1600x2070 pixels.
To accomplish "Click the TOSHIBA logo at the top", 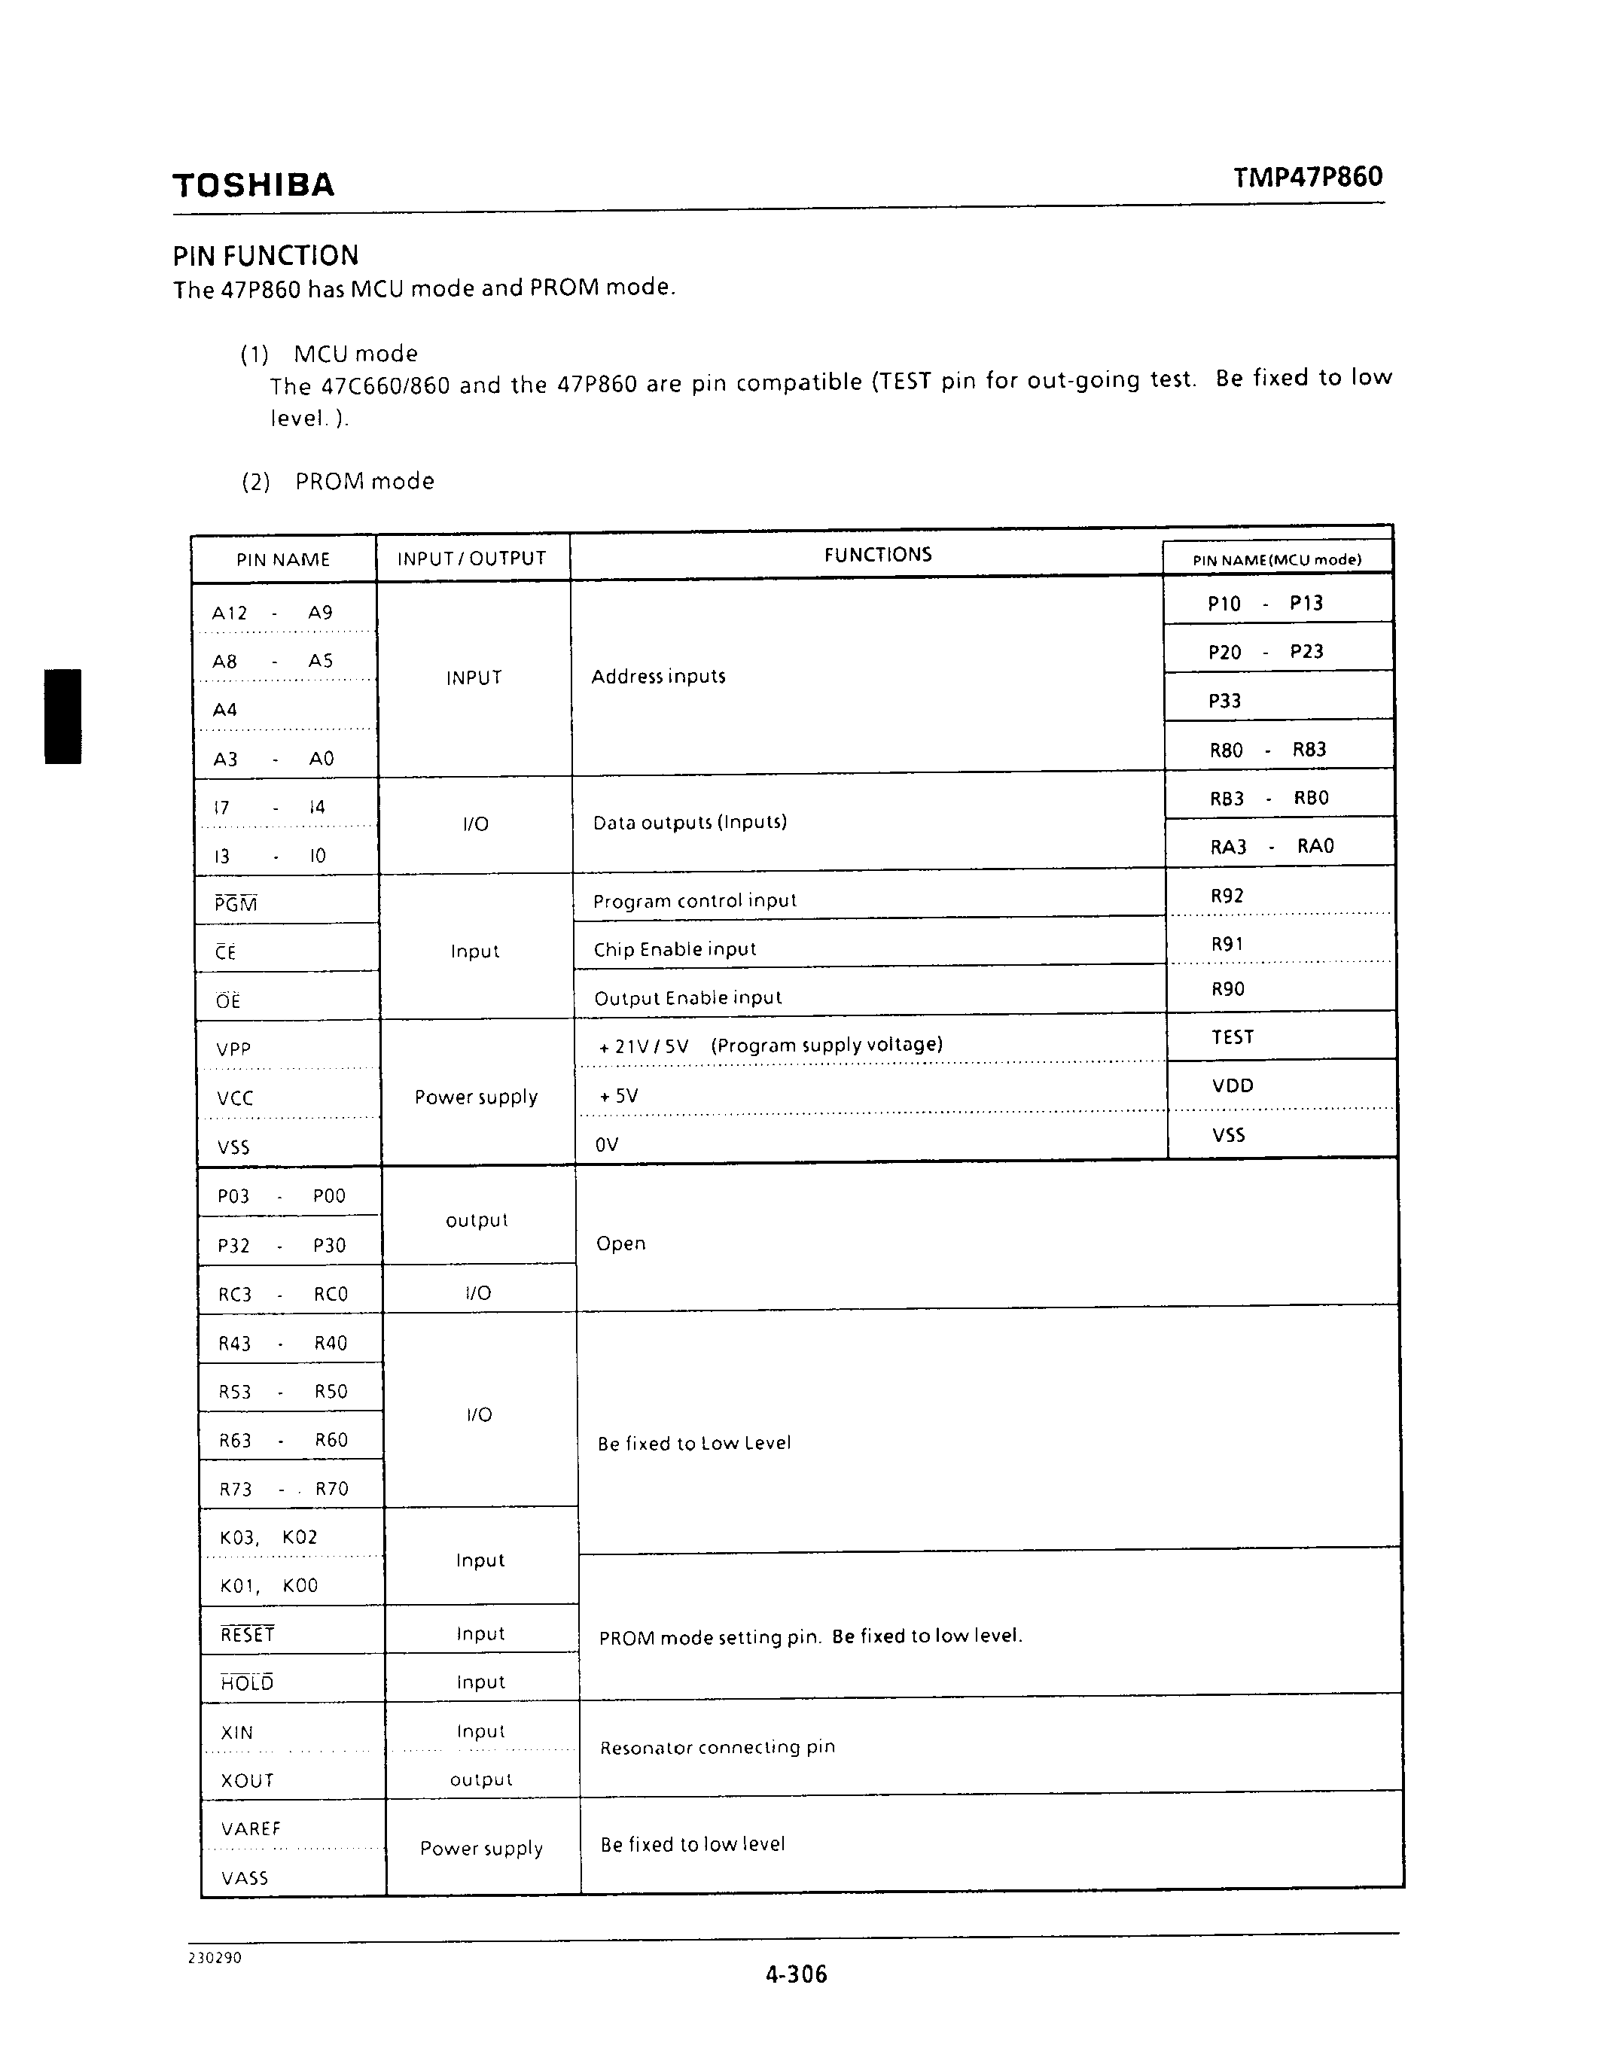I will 253,185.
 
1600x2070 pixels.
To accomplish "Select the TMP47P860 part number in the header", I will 1307,177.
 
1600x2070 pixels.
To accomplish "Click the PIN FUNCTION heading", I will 265,256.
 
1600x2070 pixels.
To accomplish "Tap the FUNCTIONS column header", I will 878,555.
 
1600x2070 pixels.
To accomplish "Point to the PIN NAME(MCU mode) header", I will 1277,559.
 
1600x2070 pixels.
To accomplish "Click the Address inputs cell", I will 658,677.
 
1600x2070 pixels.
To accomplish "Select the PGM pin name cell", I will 236,903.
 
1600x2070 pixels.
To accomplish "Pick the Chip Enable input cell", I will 674,948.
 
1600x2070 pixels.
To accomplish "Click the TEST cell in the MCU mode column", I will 1233,1037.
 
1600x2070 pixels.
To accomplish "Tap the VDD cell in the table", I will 1233,1085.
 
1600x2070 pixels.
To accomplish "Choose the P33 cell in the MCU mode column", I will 1224,701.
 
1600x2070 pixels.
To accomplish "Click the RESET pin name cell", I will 248,1634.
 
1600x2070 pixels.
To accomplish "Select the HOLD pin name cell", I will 248,1682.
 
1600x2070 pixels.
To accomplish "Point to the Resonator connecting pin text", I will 717,1747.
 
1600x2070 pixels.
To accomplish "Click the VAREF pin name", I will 250,1828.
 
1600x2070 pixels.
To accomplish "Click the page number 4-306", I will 796,1974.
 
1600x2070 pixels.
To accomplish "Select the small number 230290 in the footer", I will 215,1957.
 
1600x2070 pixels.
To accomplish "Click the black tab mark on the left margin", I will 62,716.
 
